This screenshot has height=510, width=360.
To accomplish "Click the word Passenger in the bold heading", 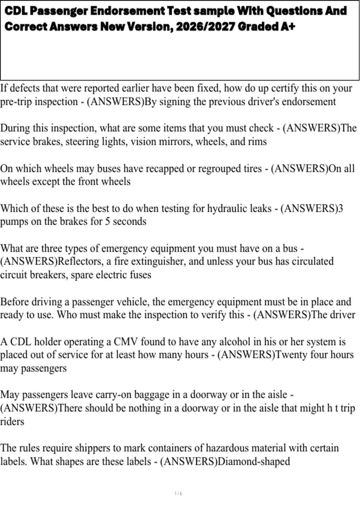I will (59, 11).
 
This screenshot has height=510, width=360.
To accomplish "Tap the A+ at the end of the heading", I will (288, 27).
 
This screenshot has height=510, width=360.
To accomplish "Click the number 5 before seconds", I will (107, 221).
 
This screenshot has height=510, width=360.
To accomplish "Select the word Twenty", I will (292, 355).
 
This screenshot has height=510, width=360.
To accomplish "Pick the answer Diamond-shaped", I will (254, 461).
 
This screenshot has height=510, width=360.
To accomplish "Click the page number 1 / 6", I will (178, 493).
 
